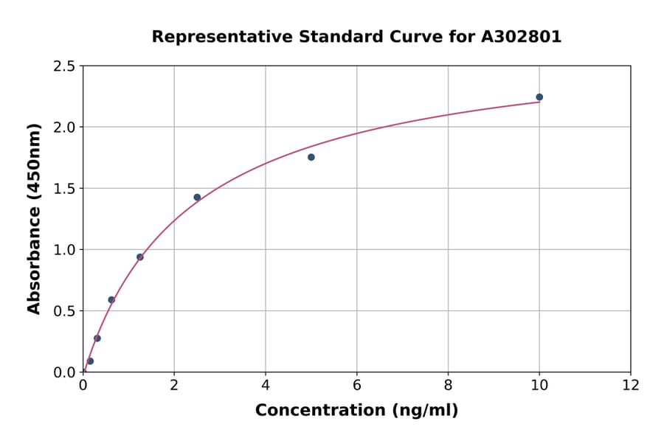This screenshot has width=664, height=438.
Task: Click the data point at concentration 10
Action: tap(539, 97)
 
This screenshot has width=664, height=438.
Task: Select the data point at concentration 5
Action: tap(311, 157)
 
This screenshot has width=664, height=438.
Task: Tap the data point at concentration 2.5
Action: tap(197, 197)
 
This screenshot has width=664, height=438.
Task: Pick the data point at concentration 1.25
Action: tap(140, 257)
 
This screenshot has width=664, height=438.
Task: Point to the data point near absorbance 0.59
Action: tap(111, 300)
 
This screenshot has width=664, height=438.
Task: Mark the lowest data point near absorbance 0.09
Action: tap(90, 361)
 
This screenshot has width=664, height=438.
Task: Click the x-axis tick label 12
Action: tap(631, 385)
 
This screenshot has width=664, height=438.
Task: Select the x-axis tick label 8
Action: tap(448, 385)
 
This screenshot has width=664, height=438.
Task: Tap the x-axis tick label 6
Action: tap(356, 385)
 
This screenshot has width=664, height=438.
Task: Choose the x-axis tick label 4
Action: tap(266, 385)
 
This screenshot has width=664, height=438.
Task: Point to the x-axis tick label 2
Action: tap(174, 385)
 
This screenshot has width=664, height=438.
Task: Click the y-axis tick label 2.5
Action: tap(64, 66)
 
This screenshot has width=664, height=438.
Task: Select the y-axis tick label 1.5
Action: tap(64, 189)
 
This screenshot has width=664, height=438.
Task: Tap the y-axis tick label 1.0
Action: tap(64, 250)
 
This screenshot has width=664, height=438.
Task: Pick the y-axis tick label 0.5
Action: tap(64, 311)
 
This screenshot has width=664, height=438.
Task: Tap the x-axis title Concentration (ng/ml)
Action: tap(356, 411)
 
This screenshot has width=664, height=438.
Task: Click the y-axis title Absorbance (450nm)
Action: tap(35, 218)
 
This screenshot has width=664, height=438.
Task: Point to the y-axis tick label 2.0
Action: tap(64, 128)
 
